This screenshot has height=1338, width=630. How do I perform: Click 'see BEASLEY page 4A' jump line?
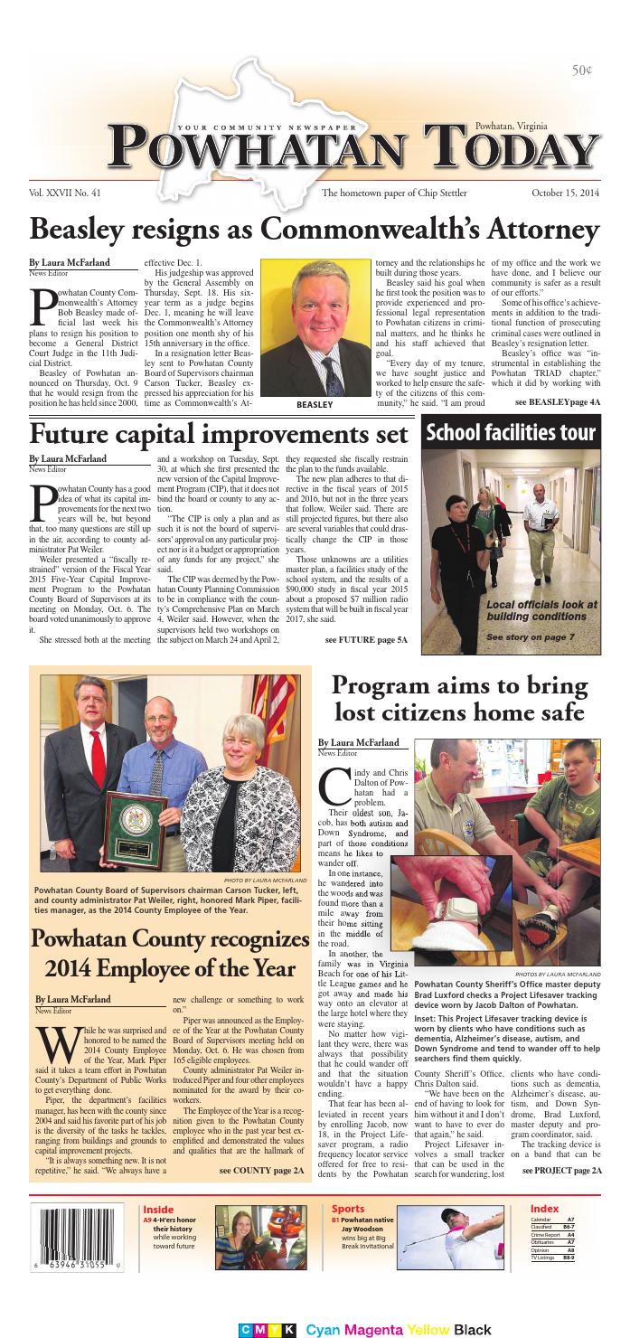[557, 400]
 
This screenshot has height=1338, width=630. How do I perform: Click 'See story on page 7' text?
[542, 637]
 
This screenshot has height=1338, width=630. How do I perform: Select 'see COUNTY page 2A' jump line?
[261, 1170]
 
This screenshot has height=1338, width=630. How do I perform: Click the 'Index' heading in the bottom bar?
[544, 1209]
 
